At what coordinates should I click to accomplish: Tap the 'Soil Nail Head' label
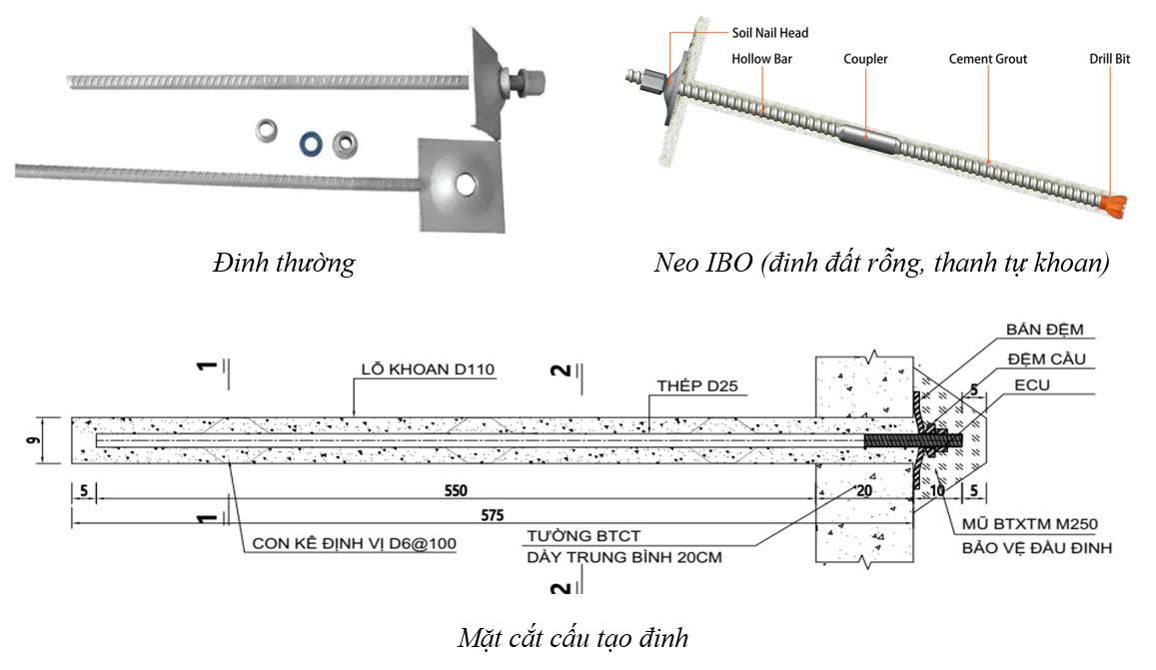pyautogui.click(x=769, y=33)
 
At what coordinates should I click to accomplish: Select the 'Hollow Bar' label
pyautogui.click(x=761, y=59)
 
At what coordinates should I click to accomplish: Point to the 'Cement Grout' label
pyautogui.click(x=987, y=59)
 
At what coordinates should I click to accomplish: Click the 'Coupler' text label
pyautogui.click(x=865, y=59)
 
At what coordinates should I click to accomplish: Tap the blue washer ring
pyautogui.click(x=312, y=143)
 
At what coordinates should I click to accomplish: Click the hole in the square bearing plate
pyautogui.click(x=465, y=185)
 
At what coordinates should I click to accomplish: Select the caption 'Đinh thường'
pyautogui.click(x=284, y=264)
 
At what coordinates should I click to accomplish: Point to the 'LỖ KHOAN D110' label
pyautogui.click(x=428, y=370)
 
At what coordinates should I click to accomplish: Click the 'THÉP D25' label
pyautogui.click(x=696, y=385)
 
